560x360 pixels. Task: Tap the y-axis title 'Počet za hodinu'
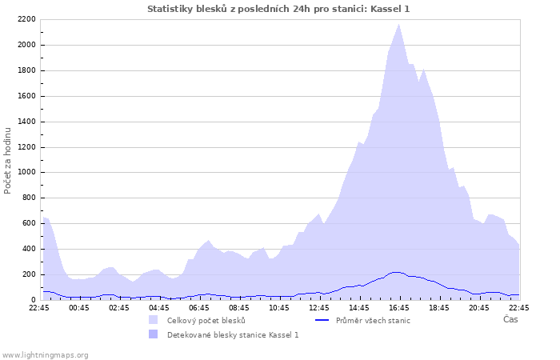[x=8, y=160]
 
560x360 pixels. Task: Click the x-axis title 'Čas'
[x=510, y=319]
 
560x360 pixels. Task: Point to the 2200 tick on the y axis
[x=26, y=19]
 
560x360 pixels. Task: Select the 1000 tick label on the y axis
[x=26, y=172]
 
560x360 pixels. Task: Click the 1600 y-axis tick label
[x=26, y=96]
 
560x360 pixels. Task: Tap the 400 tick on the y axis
[x=28, y=249]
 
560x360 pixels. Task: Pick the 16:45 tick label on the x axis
[x=399, y=307]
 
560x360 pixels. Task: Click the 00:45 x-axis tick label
[x=79, y=307]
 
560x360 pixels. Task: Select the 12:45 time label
[x=319, y=307]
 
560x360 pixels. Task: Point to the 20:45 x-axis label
[x=479, y=307]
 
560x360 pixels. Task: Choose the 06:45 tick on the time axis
[x=199, y=307]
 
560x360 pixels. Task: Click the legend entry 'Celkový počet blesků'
[x=206, y=321]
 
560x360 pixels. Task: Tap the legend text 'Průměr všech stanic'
[x=373, y=321]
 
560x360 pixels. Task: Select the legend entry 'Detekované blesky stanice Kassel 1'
[x=233, y=334]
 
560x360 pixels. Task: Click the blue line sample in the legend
[x=322, y=321]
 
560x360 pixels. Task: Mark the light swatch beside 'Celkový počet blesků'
[x=153, y=320]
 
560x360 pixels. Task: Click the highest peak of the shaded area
[x=398, y=24]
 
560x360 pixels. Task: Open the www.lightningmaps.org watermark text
[x=45, y=354]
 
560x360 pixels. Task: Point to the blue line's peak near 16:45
[x=397, y=272]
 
